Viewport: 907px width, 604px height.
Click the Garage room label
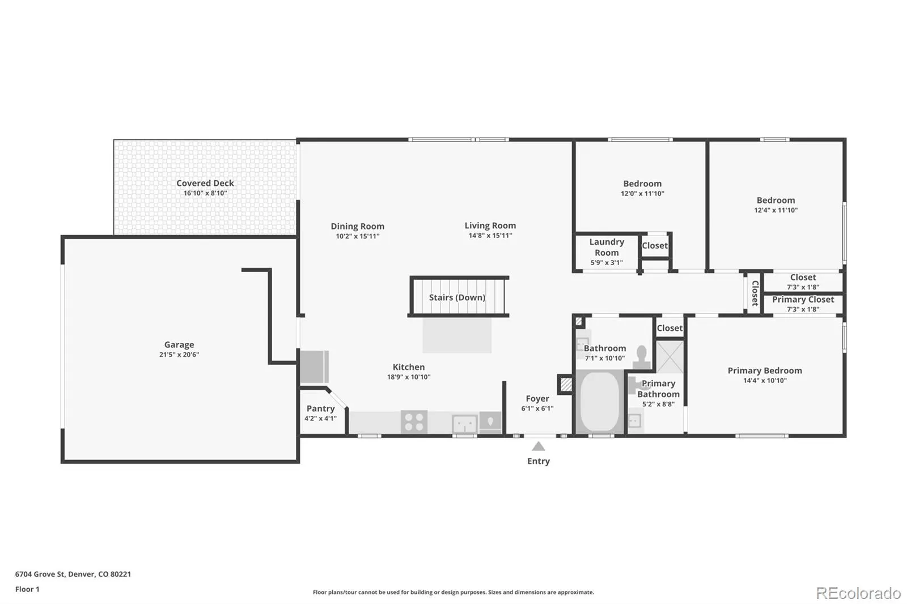[x=179, y=344]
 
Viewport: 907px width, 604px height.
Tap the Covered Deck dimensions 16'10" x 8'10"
[x=205, y=193]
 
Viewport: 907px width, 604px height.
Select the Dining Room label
[x=358, y=226]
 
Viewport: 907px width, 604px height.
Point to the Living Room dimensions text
[x=490, y=236]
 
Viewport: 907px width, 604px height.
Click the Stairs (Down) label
[x=457, y=297]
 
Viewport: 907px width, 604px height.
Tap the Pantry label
[x=321, y=409]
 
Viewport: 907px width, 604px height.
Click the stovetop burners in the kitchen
[x=414, y=422]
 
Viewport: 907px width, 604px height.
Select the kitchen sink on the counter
[x=464, y=424]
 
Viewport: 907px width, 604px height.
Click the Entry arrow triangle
[x=538, y=446]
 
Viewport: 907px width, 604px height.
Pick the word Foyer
[x=537, y=399]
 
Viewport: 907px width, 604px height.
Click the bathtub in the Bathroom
[x=600, y=402]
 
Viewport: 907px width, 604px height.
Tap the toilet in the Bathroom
[x=642, y=356]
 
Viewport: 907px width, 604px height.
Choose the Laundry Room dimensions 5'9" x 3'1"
[x=607, y=263]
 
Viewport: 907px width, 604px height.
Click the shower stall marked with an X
[x=669, y=357]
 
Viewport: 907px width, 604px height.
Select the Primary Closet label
[x=803, y=300]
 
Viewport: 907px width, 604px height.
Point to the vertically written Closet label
[x=755, y=294]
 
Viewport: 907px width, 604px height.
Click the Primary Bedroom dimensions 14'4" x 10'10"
[x=765, y=381]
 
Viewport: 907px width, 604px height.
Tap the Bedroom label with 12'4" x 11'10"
[x=776, y=201]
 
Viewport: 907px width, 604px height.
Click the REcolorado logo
[x=858, y=593]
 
